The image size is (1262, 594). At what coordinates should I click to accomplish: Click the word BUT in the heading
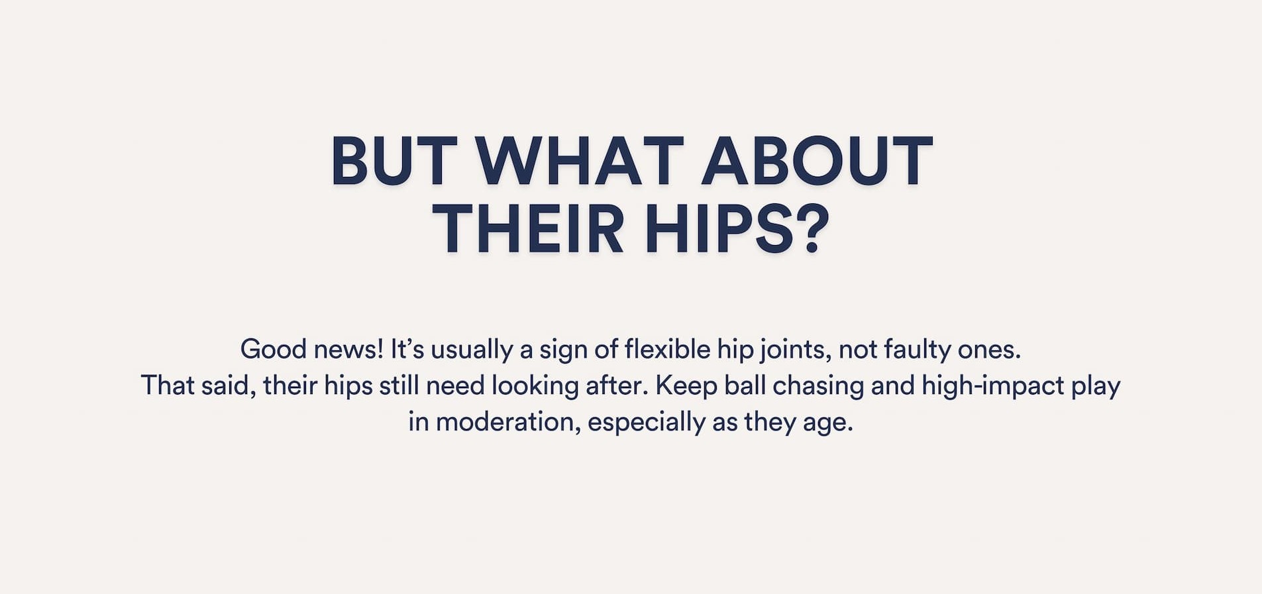coord(394,161)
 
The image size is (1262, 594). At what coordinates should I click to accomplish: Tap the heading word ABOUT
coord(817,161)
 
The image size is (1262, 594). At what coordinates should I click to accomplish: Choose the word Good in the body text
coord(274,349)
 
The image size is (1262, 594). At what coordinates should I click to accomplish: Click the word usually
coord(472,350)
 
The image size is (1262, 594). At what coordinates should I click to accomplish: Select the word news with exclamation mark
coord(348,349)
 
